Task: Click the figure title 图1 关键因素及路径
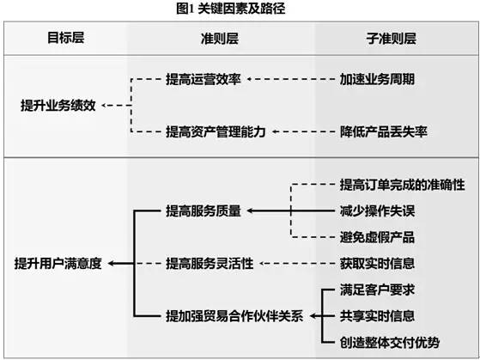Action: [230, 9]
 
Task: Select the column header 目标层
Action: [66, 38]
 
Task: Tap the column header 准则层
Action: [220, 39]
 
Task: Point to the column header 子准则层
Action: [392, 39]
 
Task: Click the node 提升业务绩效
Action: [58, 106]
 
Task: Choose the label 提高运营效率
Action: [204, 79]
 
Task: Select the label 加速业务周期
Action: [377, 79]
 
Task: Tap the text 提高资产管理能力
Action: [216, 131]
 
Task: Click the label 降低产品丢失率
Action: [384, 131]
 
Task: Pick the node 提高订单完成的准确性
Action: [402, 185]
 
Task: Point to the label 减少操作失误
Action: [377, 211]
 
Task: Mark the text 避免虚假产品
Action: [377, 237]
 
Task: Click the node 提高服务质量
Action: [204, 211]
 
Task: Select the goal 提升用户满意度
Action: [58, 264]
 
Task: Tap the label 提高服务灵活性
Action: [210, 264]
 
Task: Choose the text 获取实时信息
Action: [377, 264]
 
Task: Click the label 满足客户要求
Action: [377, 290]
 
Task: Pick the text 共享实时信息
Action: [377, 316]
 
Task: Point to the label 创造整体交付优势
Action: [390, 343]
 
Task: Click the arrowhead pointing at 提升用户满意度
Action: [111, 264]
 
